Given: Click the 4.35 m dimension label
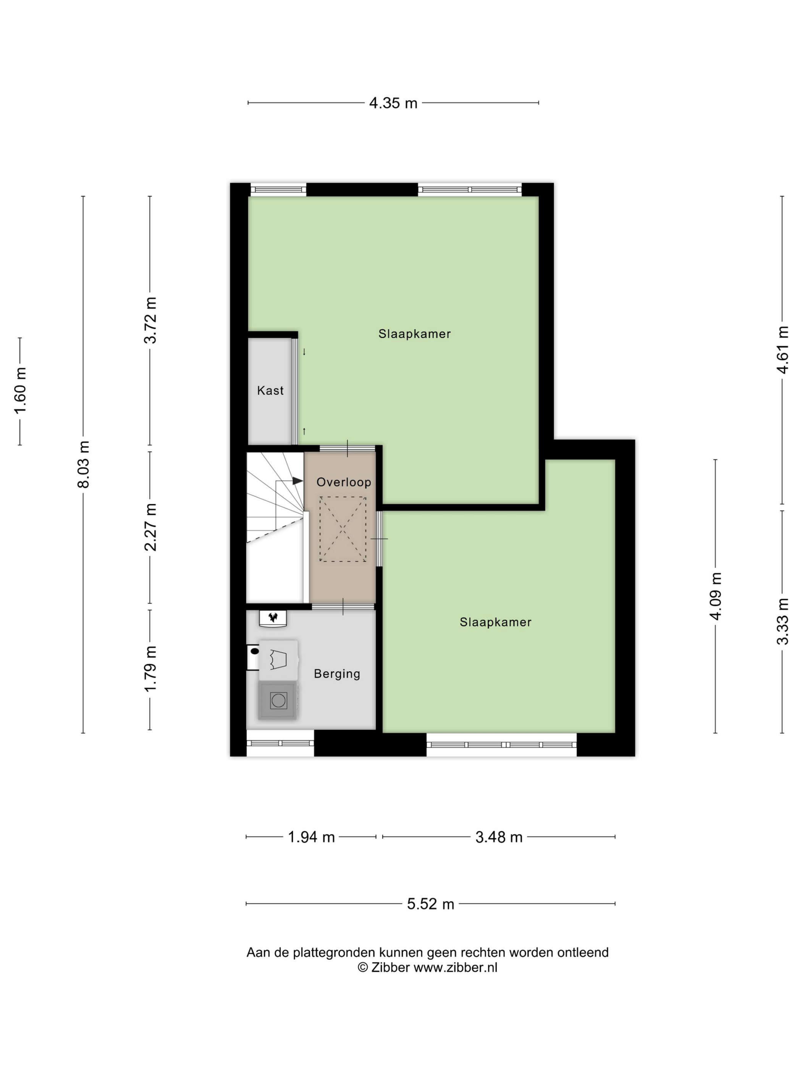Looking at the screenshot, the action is pyautogui.click(x=393, y=103).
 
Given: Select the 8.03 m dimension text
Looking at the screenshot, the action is pyautogui.click(x=83, y=464).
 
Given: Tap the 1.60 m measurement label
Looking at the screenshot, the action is pyautogui.click(x=20, y=391).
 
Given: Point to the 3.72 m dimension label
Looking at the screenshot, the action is pyautogui.click(x=150, y=320).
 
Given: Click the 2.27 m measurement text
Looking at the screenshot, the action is pyautogui.click(x=150, y=527).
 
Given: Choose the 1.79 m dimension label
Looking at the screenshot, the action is pyautogui.click(x=150, y=669).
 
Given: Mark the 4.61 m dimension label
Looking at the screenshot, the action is pyautogui.click(x=782, y=350).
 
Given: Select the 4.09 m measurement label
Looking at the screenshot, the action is pyautogui.click(x=715, y=596).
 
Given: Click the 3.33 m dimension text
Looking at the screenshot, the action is pyautogui.click(x=782, y=622).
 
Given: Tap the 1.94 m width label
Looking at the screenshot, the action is pyautogui.click(x=311, y=837).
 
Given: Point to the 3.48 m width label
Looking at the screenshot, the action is pyautogui.click(x=499, y=837).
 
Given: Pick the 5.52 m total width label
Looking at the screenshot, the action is pyautogui.click(x=430, y=904).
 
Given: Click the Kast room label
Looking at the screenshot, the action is pyautogui.click(x=270, y=391).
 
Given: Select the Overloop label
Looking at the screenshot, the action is pyautogui.click(x=344, y=482).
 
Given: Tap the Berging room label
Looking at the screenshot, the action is pyautogui.click(x=337, y=674).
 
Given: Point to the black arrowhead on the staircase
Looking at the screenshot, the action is pyautogui.click(x=297, y=481).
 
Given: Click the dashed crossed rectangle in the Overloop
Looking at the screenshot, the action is pyautogui.click(x=342, y=529).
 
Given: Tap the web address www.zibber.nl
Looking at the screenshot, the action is pyautogui.click(x=455, y=967).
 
